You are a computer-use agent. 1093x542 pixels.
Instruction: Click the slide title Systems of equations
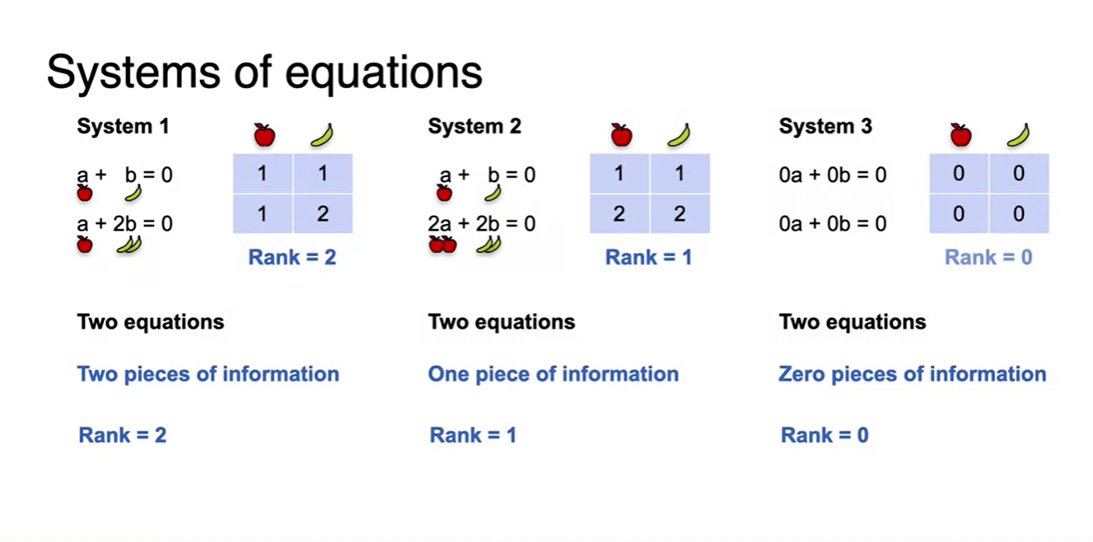point(264,72)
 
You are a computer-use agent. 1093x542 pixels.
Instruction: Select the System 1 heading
point(123,127)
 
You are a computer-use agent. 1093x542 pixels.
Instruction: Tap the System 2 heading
point(474,127)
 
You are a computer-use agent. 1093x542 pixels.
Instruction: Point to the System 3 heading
point(825,127)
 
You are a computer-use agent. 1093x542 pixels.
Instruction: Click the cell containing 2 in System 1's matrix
point(323,214)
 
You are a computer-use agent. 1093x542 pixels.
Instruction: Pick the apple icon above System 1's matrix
point(264,134)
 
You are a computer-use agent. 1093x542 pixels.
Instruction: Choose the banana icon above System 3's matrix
point(1018,134)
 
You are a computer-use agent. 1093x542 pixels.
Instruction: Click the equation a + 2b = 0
point(124,223)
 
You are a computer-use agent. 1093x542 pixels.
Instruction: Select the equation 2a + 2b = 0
point(482,223)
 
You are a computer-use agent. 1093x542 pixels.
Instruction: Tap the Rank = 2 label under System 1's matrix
point(292,258)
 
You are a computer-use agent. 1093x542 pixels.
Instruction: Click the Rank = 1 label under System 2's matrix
point(648,258)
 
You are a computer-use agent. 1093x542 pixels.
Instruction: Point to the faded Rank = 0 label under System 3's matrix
point(988,258)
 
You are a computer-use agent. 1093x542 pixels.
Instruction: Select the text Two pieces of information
point(208,374)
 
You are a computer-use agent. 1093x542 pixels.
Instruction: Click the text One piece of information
point(554,374)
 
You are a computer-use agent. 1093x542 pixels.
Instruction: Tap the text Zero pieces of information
point(913,374)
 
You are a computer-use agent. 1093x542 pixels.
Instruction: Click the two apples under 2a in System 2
point(442,245)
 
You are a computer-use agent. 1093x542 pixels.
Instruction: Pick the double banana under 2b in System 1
point(128,244)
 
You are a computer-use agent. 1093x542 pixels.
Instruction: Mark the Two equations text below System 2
point(502,321)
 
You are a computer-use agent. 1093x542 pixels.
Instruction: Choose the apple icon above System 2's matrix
point(621,134)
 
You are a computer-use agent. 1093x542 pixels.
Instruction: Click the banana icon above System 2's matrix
point(679,134)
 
